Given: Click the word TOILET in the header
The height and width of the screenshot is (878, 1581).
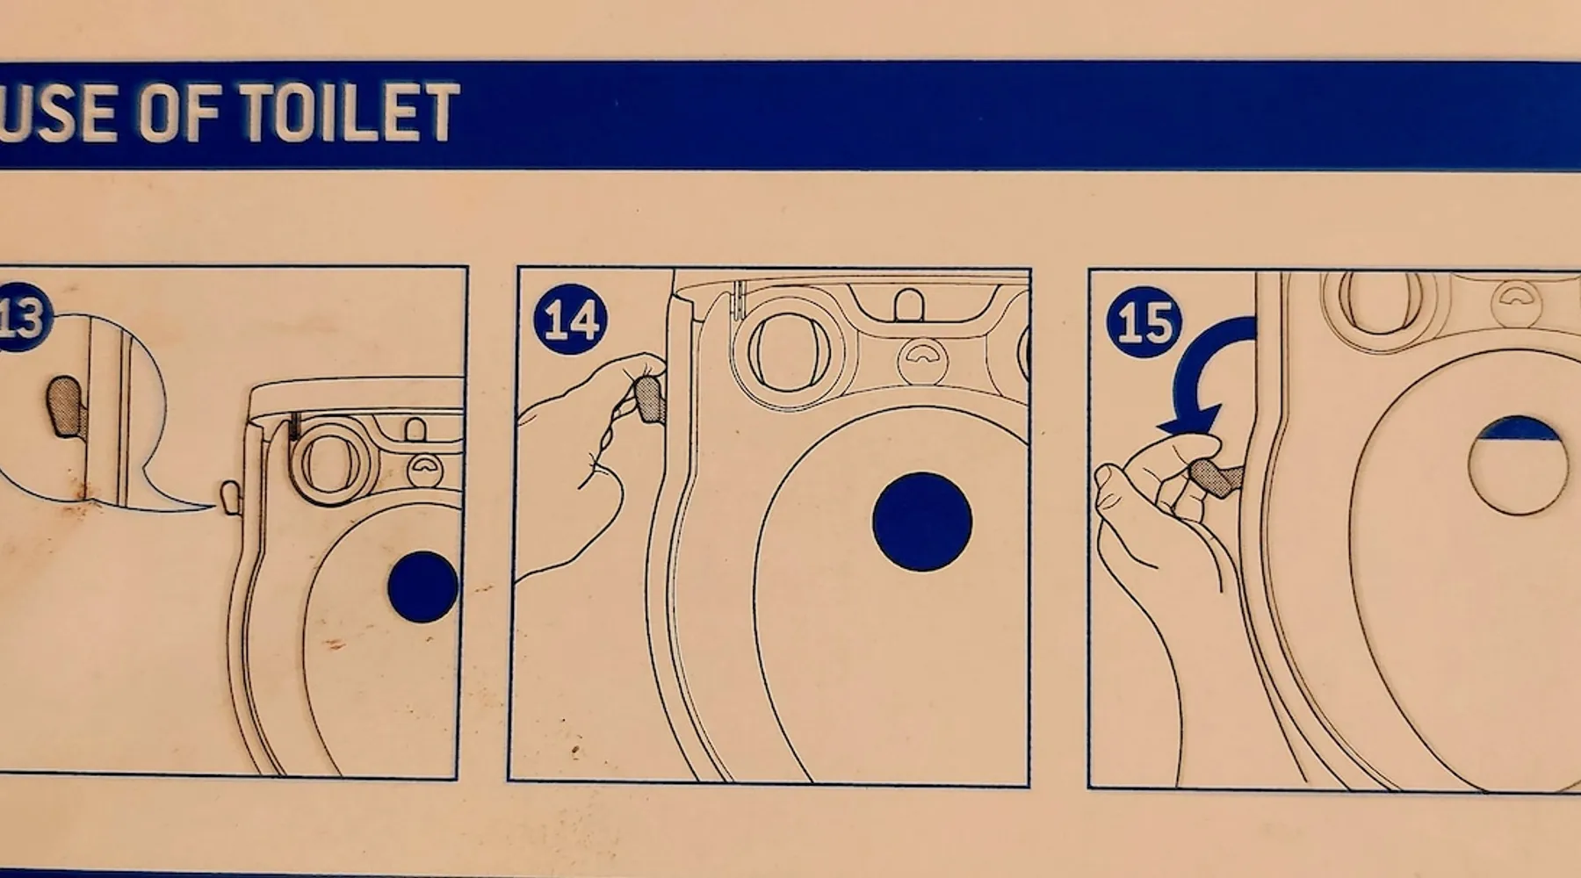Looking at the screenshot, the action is coord(349,112).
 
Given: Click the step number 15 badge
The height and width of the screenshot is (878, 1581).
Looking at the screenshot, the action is coord(1144,322).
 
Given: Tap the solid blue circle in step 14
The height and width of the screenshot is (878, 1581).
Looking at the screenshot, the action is coord(922,522).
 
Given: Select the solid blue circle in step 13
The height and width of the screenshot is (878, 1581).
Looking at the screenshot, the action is coord(423,587).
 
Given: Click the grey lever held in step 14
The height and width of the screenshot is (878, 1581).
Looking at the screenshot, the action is coord(649,397).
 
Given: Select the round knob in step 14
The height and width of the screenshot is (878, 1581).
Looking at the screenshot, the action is coord(788,351).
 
